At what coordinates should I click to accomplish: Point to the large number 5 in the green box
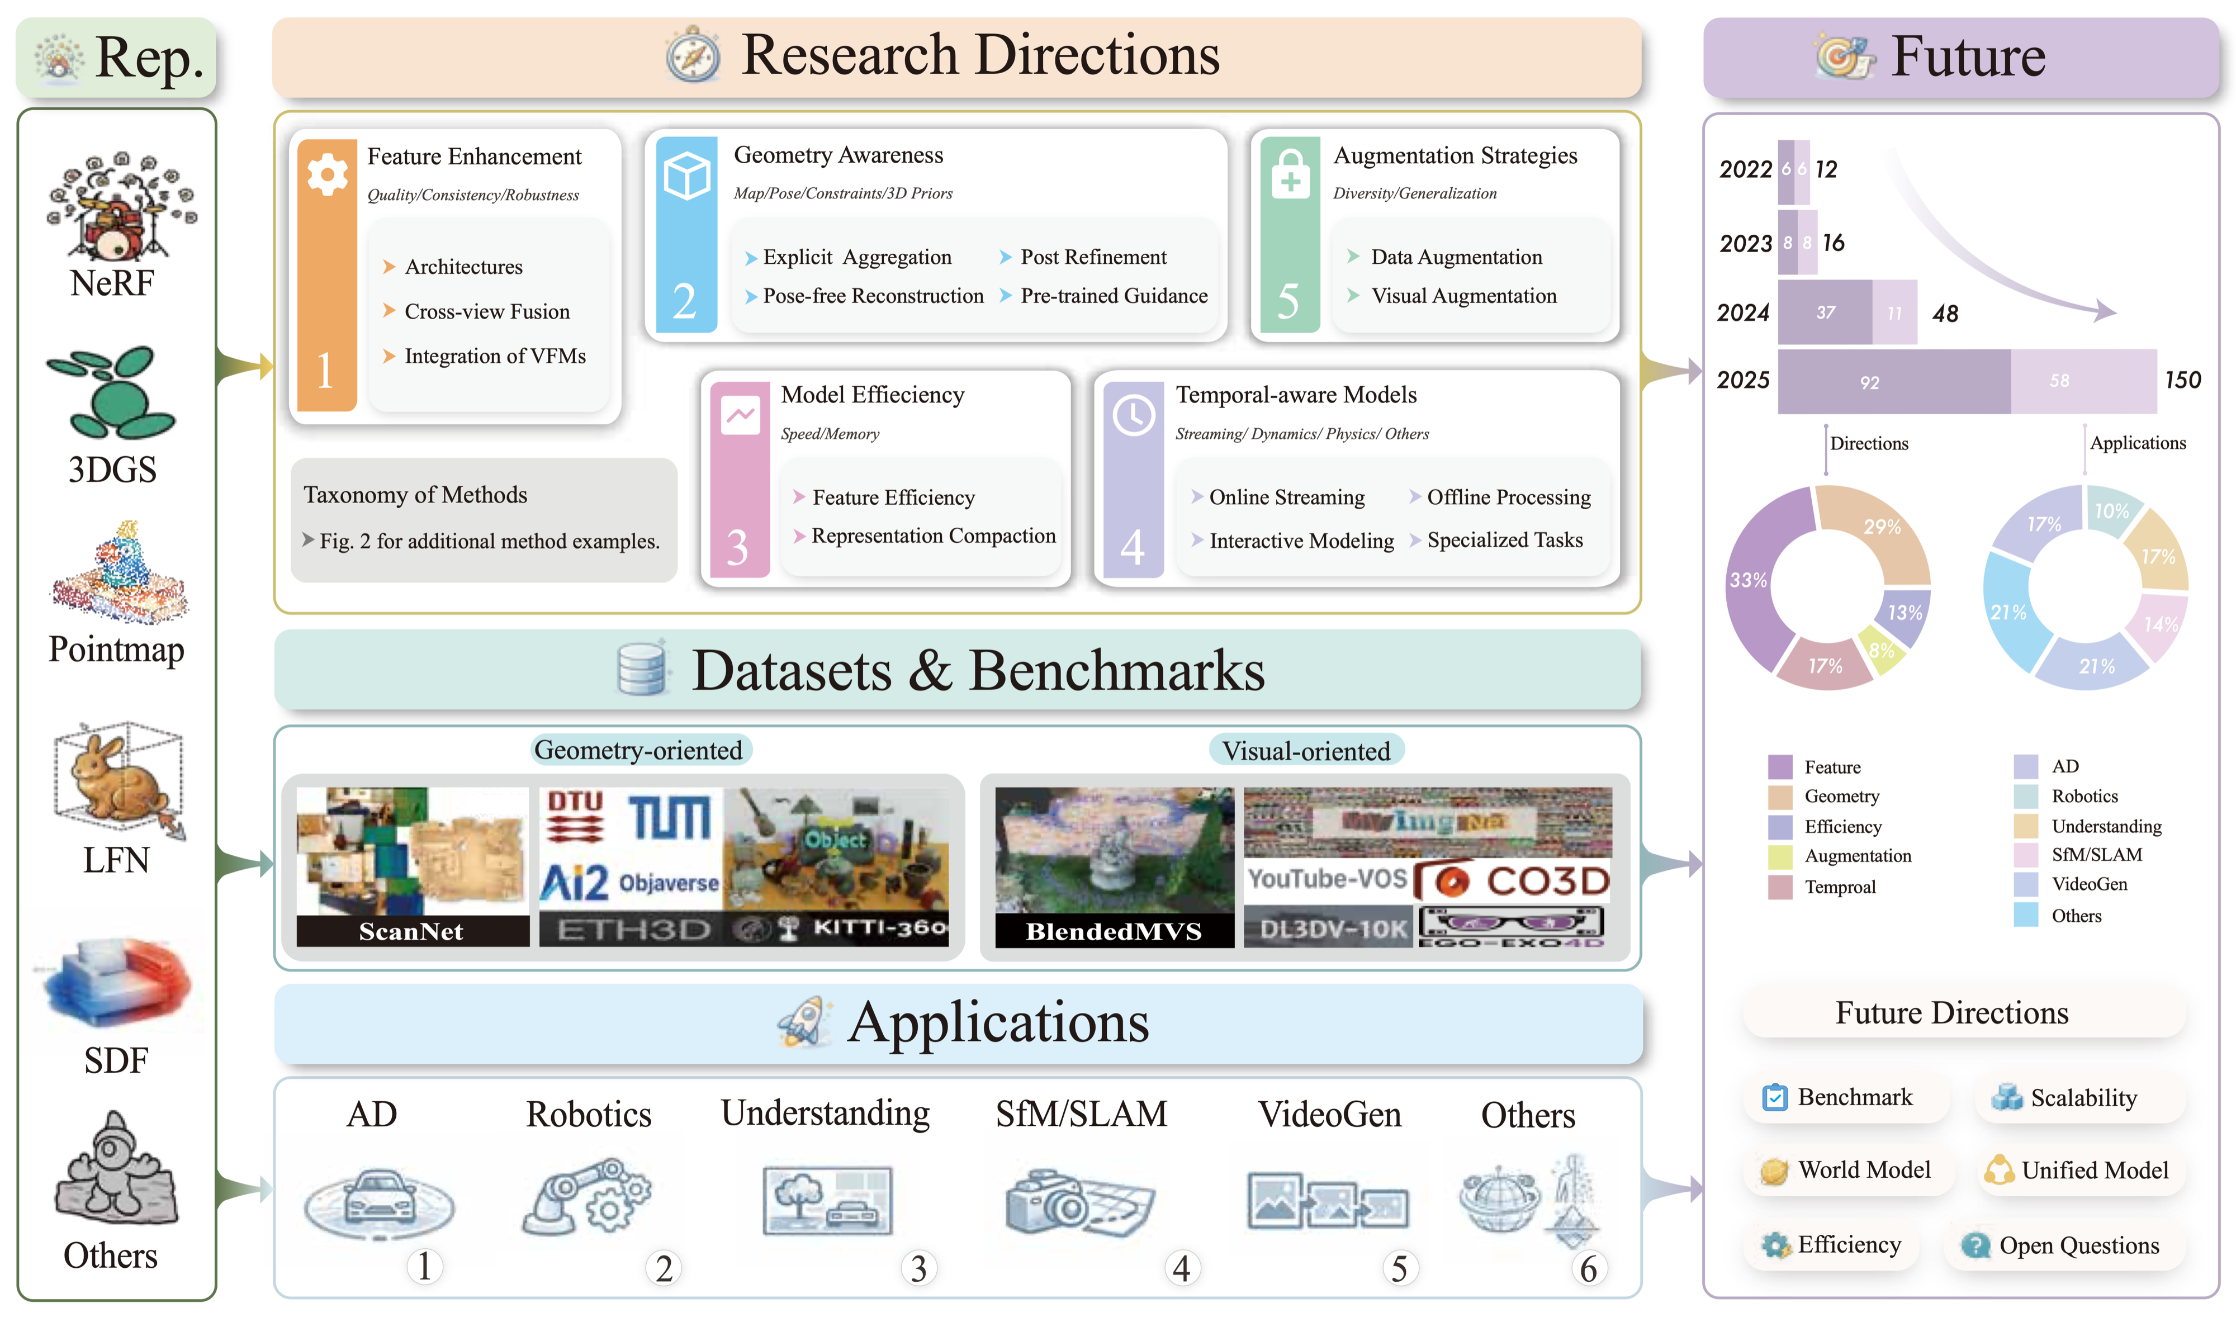click(1287, 301)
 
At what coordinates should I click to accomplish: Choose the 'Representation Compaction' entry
click(933, 536)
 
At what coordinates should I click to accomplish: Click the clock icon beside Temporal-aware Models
click(1133, 415)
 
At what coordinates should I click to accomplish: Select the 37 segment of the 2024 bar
click(1825, 312)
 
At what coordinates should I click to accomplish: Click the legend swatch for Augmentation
click(1779, 856)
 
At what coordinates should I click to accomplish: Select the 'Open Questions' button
click(2065, 1245)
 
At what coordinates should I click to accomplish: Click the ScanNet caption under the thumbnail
click(411, 931)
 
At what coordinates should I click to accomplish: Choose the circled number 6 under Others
click(1588, 1268)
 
